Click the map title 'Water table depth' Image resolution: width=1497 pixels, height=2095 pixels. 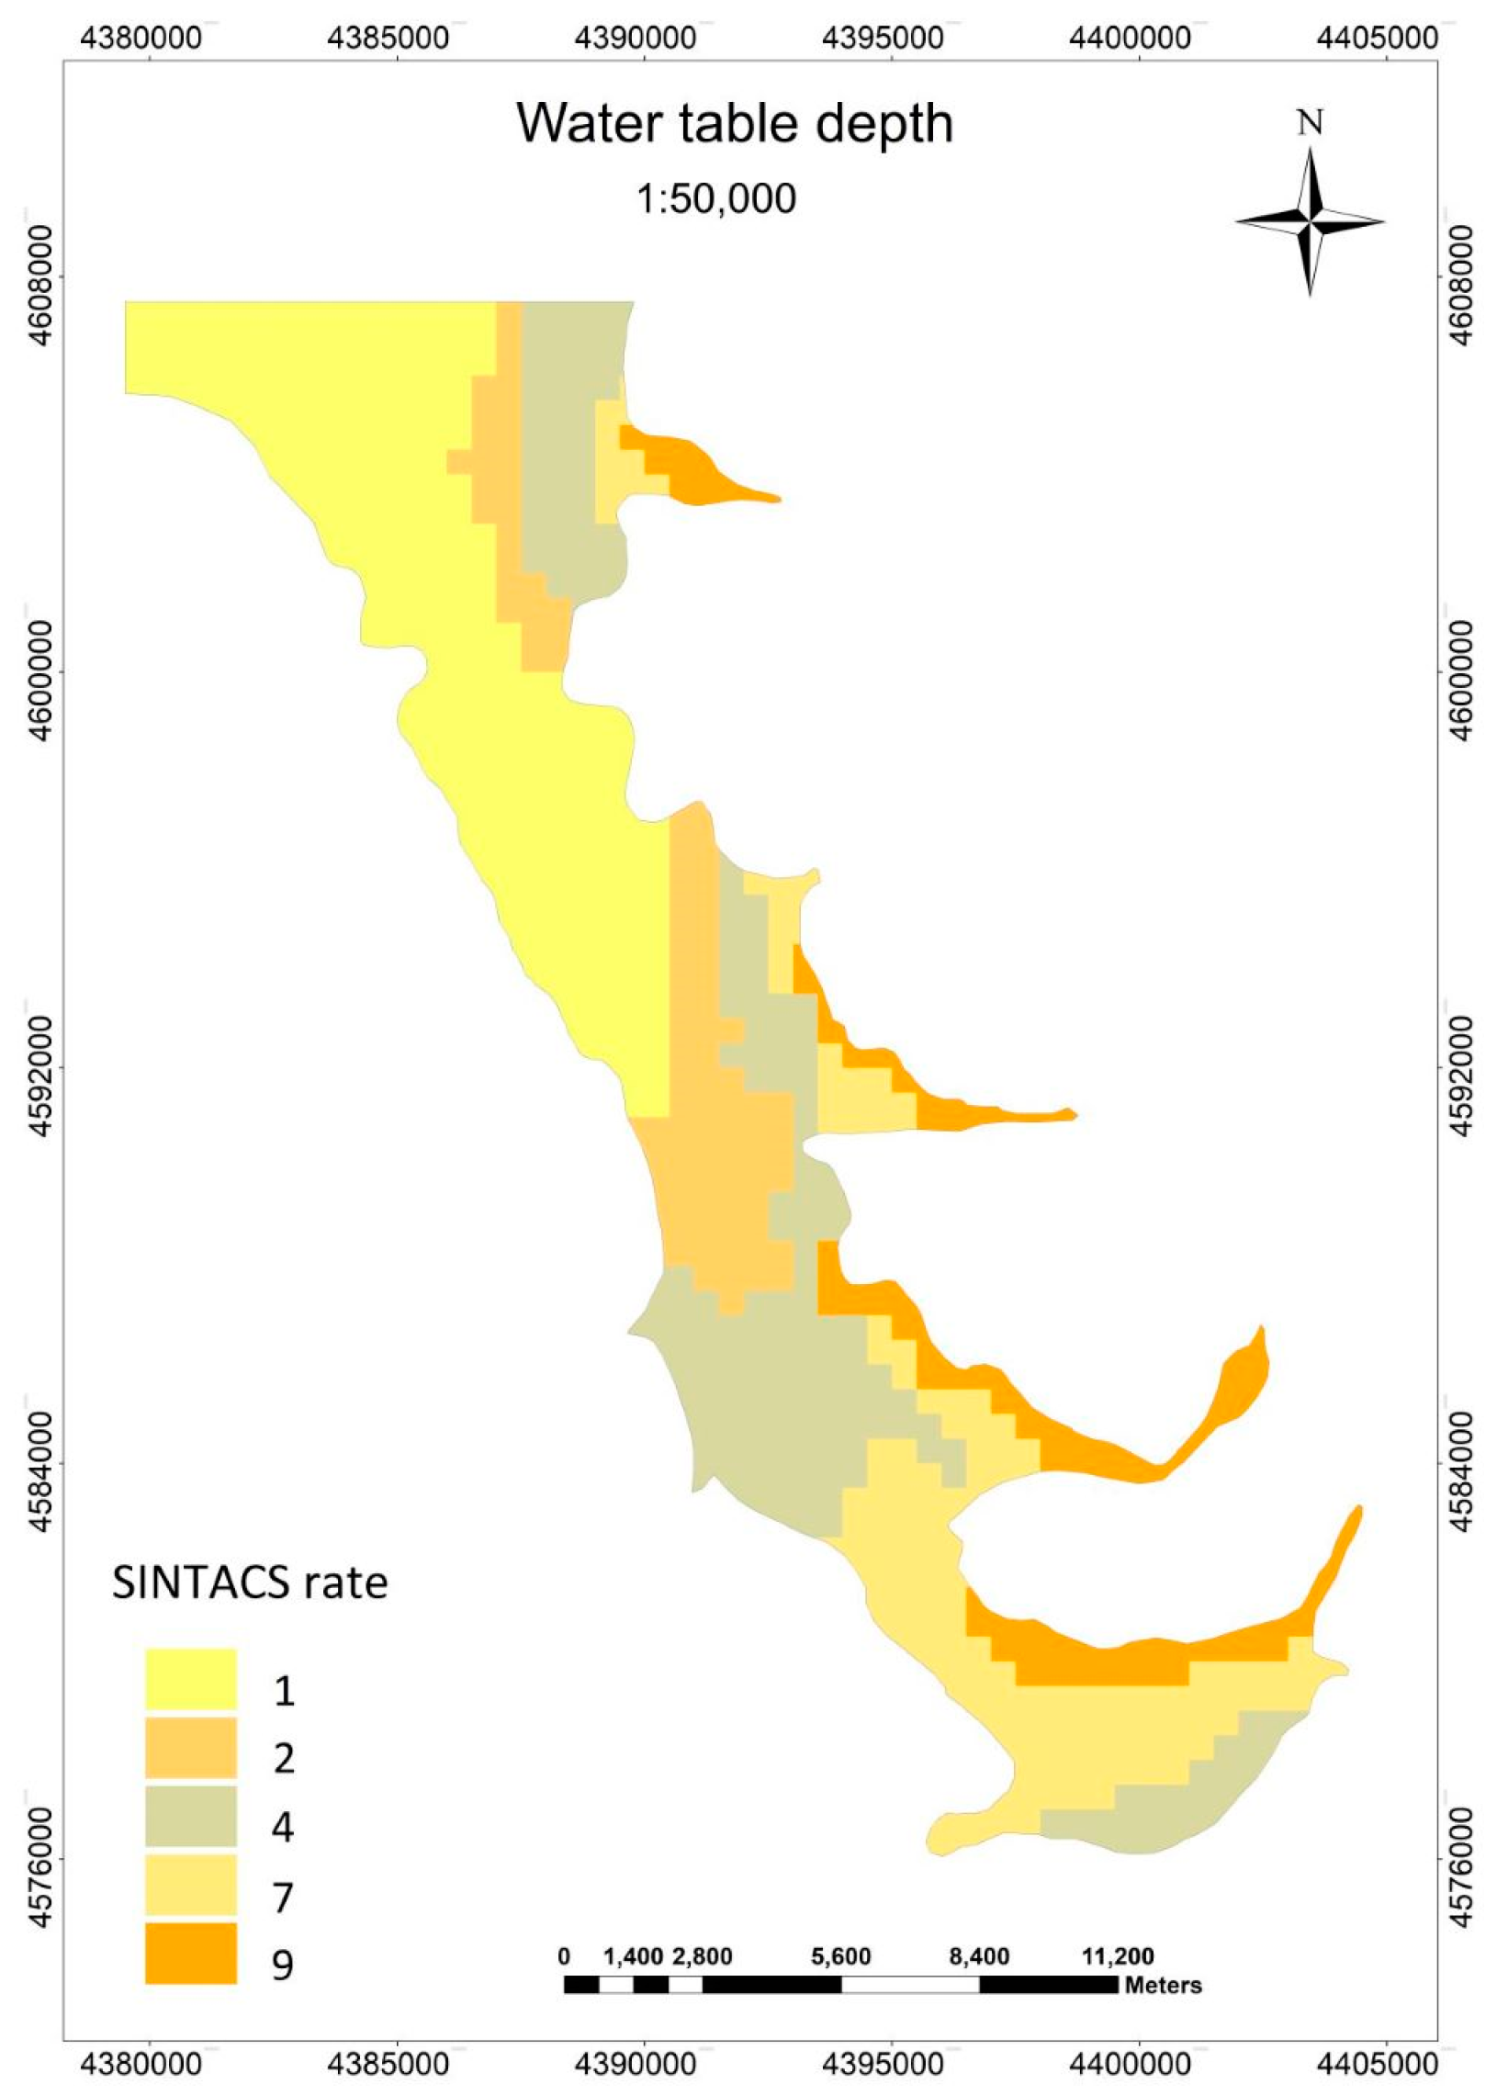pyautogui.click(x=735, y=123)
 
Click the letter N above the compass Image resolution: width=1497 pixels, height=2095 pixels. pyautogui.click(x=1310, y=122)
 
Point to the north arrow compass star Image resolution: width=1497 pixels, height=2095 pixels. pyautogui.click(x=1310, y=221)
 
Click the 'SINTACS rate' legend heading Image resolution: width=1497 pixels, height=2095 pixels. pyautogui.click(x=250, y=1584)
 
